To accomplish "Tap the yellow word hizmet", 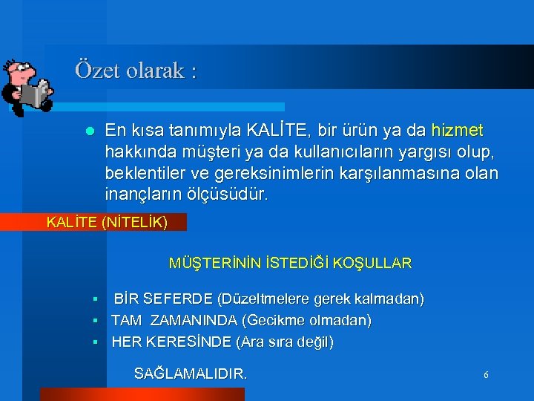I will (457, 131).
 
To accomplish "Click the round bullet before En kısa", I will (90, 131).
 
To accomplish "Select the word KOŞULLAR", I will (374, 263).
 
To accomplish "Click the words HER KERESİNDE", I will (171, 342).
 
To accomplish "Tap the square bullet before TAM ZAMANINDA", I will (96, 322).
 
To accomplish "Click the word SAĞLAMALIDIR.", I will (190, 374).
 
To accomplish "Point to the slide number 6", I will (486, 375).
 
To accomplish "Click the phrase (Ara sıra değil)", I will (285, 342).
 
